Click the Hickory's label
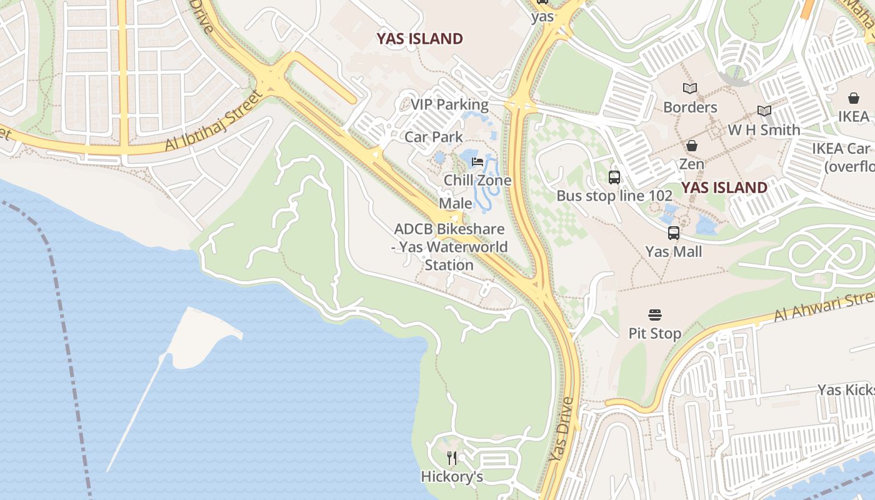pos(452,477)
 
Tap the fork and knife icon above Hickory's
pos(452,458)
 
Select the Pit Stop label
pos(654,333)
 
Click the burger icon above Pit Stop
pos(654,314)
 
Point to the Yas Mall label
pos(673,251)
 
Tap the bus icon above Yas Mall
pos(673,233)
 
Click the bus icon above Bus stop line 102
pos(614,177)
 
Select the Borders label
pos(690,107)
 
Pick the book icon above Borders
pos(690,89)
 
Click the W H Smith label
pos(764,130)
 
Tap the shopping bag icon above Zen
pos(692,146)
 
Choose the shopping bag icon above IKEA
pos(853,98)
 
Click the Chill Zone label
pos(477,180)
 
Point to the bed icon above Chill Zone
pos(477,162)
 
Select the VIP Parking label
pos(449,104)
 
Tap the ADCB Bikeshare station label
pos(449,247)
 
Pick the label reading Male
pos(456,203)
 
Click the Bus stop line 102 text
pos(614,196)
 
